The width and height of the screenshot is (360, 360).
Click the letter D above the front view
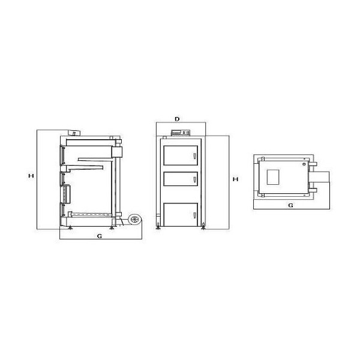pyautogui.click(x=177, y=119)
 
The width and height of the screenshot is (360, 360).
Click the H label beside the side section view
pyautogui.click(x=31, y=176)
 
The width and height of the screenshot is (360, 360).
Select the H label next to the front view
pyautogui.click(x=236, y=179)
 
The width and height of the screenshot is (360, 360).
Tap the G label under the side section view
pyautogui.click(x=100, y=236)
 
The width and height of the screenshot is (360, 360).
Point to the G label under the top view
pyautogui.click(x=290, y=205)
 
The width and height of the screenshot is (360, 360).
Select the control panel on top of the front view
pyautogui.click(x=181, y=133)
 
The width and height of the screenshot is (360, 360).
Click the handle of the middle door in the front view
pyautogui.click(x=194, y=179)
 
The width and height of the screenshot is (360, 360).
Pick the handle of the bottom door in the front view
pyautogui.click(x=194, y=215)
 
